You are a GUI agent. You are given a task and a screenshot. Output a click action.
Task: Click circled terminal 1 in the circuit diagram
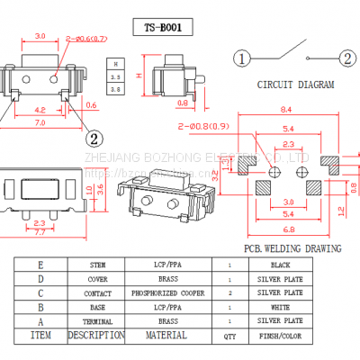[242, 59]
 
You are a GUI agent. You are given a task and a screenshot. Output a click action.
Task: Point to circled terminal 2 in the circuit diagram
[346, 59]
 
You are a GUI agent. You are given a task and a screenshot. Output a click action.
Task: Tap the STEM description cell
[96, 265]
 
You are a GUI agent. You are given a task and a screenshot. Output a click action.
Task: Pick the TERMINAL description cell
[96, 320]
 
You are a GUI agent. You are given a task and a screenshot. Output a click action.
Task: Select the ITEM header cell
[40, 335]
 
